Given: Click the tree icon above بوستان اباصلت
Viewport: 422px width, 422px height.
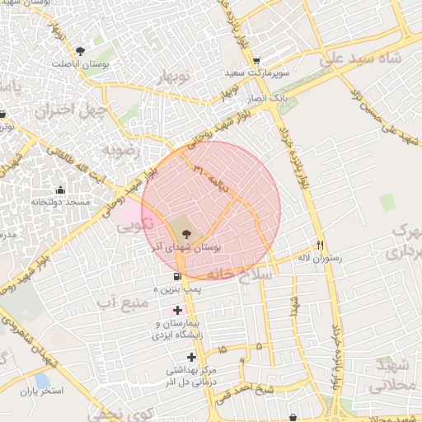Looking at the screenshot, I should (80, 51).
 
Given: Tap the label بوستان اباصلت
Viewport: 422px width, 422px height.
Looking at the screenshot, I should (81, 63).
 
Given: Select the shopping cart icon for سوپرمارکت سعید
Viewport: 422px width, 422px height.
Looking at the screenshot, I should (257, 60).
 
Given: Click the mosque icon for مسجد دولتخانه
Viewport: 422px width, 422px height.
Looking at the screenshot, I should (59, 190).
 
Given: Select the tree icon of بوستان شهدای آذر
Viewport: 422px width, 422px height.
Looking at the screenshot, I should (183, 233).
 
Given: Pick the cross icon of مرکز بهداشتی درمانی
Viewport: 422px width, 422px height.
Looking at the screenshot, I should (192, 357).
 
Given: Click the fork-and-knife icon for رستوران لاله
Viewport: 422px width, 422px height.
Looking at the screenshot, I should (320, 245).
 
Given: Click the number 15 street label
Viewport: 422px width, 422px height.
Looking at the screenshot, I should (222, 350).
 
